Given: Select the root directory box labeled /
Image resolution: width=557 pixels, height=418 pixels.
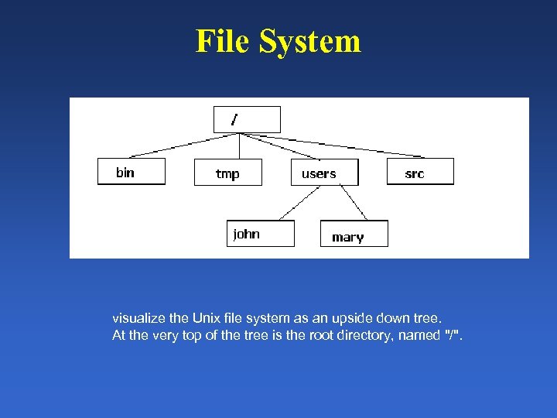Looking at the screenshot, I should coord(247,119).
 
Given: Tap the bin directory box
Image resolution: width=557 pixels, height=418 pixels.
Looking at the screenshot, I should coord(132,172).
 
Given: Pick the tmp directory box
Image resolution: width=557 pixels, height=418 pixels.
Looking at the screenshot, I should coord(227,173).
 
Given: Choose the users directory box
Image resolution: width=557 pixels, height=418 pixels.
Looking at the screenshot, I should coord(325,173).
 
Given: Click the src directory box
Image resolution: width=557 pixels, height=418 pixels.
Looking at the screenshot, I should coord(420,172).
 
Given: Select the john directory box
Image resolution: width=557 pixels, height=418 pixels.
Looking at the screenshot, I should coord(261,233).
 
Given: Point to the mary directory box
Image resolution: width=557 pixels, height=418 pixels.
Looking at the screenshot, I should coord(354,234).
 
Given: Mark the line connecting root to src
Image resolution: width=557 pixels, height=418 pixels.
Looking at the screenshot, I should coord(348,145).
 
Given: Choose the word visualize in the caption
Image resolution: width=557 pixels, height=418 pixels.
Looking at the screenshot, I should coord(136,318).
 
